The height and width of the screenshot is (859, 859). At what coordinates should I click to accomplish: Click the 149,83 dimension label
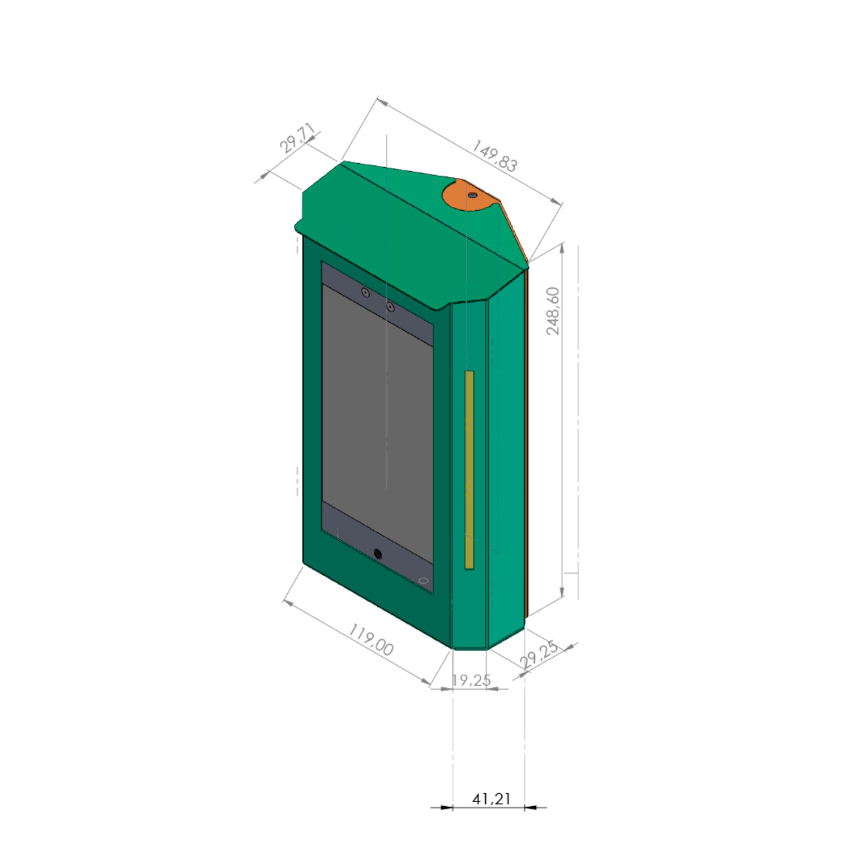495,156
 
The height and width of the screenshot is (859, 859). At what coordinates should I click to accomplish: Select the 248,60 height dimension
553,311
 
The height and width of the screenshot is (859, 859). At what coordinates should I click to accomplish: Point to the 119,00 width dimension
370,640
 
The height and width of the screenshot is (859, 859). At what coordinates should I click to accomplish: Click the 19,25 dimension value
471,680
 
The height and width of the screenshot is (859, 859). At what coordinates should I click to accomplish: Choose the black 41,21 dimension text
491,799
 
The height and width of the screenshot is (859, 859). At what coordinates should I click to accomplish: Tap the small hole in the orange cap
472,195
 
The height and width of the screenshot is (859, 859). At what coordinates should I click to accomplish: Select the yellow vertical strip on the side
469,470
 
